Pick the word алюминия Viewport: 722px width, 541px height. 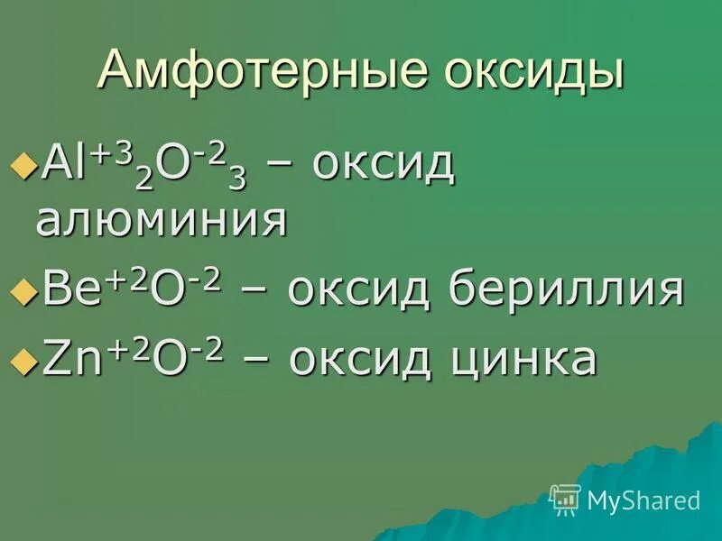(x=162, y=221)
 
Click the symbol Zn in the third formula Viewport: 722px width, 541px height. (x=63, y=359)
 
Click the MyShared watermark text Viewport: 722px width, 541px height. (x=643, y=500)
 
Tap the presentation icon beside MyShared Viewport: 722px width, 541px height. (x=565, y=499)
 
